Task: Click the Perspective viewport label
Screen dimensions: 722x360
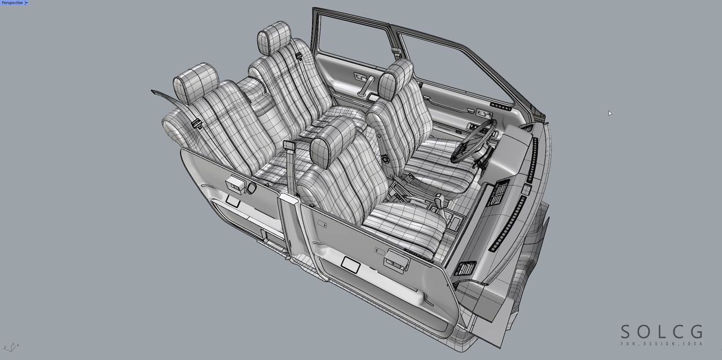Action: [12, 3]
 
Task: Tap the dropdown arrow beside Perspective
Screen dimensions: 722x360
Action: [27, 3]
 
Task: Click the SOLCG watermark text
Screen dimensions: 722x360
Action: [662, 332]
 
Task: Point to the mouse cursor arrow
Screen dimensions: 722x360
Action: [610, 113]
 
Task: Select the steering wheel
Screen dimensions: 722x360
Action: [473, 141]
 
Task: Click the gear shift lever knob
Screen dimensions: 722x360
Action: [439, 201]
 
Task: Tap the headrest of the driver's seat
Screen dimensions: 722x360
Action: [395, 79]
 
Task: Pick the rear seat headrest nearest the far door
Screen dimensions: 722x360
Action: [274, 38]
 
